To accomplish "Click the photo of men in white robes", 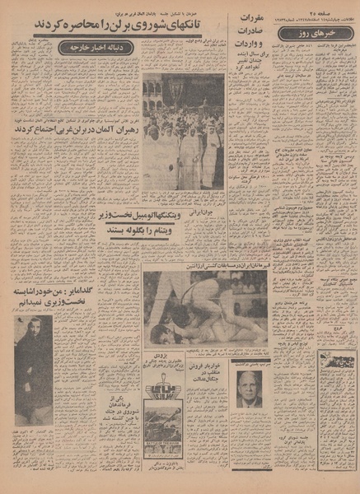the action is pos(183,132).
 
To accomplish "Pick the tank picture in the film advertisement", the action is pos(166,451).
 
